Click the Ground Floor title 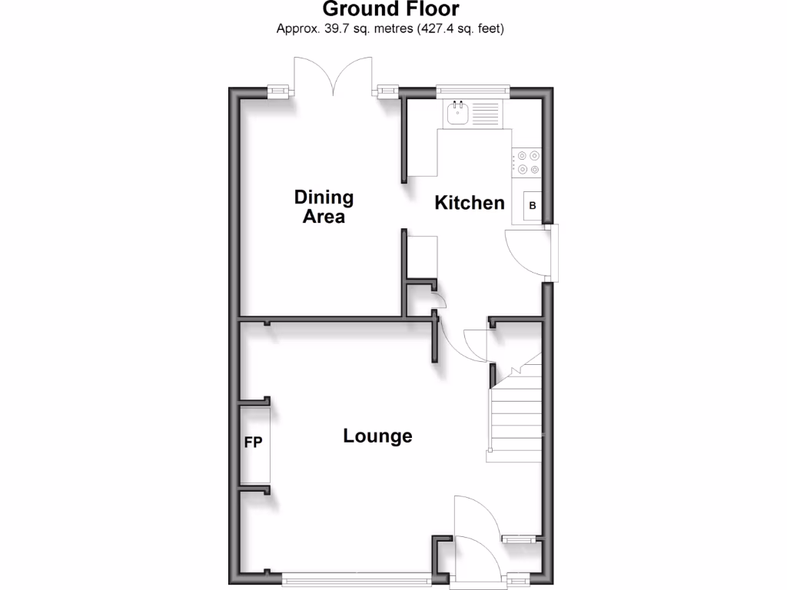(x=390, y=9)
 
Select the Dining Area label (x=324, y=207)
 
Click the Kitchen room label (x=470, y=203)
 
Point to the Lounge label (x=377, y=436)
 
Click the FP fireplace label (x=253, y=442)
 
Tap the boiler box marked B (x=532, y=206)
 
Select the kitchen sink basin (x=457, y=113)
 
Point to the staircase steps (x=517, y=419)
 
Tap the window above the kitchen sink (x=472, y=91)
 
